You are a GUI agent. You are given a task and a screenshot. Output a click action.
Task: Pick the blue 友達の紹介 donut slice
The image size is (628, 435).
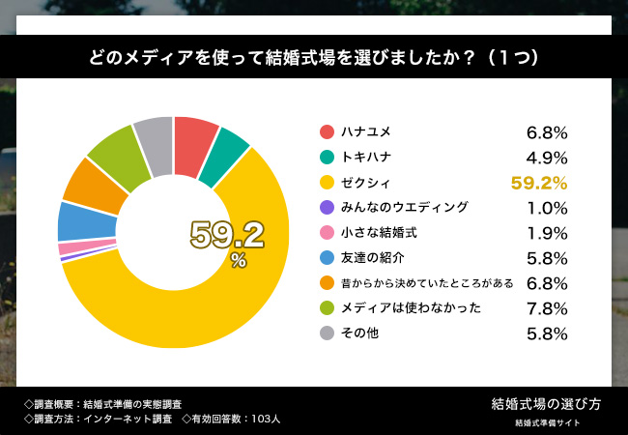[75, 220]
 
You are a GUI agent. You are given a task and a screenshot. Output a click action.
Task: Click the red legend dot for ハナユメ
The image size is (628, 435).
[327, 131]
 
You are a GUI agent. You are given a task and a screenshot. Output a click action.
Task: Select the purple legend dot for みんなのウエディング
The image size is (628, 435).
[327, 207]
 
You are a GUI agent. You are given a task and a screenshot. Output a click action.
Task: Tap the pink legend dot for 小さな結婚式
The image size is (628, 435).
[327, 232]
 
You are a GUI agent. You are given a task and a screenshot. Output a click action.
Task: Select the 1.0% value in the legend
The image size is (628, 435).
[546, 207]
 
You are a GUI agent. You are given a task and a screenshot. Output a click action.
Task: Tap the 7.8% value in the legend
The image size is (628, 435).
[546, 307]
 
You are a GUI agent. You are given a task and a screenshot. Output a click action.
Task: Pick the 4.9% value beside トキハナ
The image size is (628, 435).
[546, 157]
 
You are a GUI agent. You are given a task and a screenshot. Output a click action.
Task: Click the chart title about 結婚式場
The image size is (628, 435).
[313, 58]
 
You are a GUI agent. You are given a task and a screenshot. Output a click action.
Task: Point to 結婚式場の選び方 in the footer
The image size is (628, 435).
[546, 402]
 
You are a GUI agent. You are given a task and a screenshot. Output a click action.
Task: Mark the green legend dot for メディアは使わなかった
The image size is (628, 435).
[327, 307]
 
